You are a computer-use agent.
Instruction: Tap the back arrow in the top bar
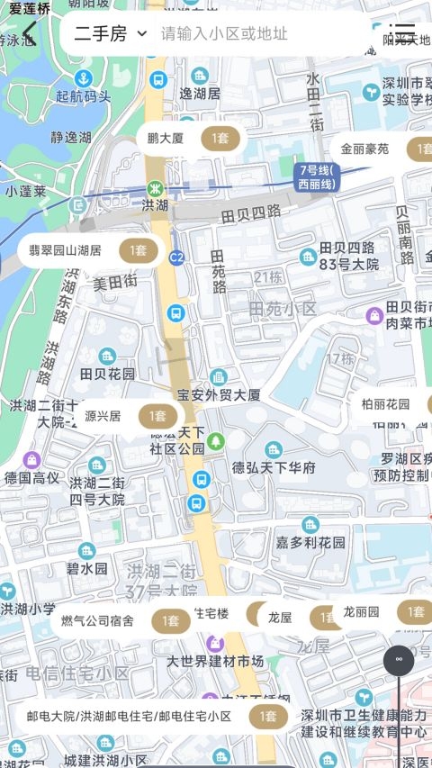29,34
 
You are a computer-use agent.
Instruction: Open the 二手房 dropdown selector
110,34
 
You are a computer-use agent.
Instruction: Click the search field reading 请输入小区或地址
225,34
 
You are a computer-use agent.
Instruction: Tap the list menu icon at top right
404,34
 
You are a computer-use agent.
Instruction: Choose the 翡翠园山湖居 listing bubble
90,250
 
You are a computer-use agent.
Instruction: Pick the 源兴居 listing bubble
126,416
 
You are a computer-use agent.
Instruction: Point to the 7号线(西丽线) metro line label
316,177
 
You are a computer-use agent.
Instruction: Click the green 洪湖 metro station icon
156,189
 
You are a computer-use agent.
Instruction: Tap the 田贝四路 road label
250,214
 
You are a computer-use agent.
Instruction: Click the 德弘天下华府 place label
274,467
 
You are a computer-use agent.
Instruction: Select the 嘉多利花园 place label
310,542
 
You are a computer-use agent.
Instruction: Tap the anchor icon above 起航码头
83,78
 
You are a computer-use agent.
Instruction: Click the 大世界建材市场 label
215,661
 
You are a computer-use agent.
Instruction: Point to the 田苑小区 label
283,309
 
